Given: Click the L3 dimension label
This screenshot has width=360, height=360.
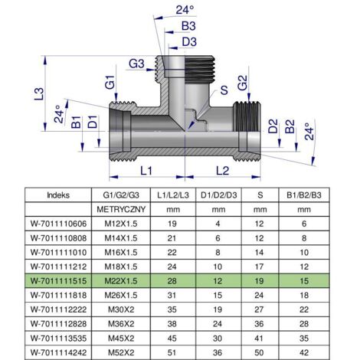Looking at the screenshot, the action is point(40,93).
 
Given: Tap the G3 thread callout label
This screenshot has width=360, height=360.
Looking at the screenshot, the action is point(136,64).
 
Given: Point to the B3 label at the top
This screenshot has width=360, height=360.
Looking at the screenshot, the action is point(188,26).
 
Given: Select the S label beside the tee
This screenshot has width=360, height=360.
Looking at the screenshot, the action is point(224,90).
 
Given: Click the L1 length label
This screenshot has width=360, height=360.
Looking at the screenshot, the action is point(146,171).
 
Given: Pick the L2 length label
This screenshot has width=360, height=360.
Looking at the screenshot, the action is point(223,171).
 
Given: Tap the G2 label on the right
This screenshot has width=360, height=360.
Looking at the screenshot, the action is point(242,83).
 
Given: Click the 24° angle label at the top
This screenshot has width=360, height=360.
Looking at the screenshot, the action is point(185,10).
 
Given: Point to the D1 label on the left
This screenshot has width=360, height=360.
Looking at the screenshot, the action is point(93,122).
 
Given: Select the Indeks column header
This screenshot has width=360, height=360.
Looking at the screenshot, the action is point(58,195).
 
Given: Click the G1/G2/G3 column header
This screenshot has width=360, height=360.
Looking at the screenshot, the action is point(121,195).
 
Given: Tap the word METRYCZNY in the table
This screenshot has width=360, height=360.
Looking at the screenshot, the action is point(121,210).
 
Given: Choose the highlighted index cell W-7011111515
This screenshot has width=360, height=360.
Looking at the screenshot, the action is point(58,281).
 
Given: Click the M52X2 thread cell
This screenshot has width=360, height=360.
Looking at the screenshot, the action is point(121,352).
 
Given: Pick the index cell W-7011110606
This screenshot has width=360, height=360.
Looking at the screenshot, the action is point(58,224).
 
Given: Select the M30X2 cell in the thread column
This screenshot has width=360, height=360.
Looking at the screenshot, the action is point(121,309).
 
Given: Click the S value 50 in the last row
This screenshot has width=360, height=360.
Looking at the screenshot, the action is point(259,352).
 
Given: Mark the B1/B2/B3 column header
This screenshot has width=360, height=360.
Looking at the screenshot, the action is point(304,195).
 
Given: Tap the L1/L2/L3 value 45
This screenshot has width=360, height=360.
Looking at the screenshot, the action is point(172,339).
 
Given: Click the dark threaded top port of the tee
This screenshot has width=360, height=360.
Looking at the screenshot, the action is point(199,70).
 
